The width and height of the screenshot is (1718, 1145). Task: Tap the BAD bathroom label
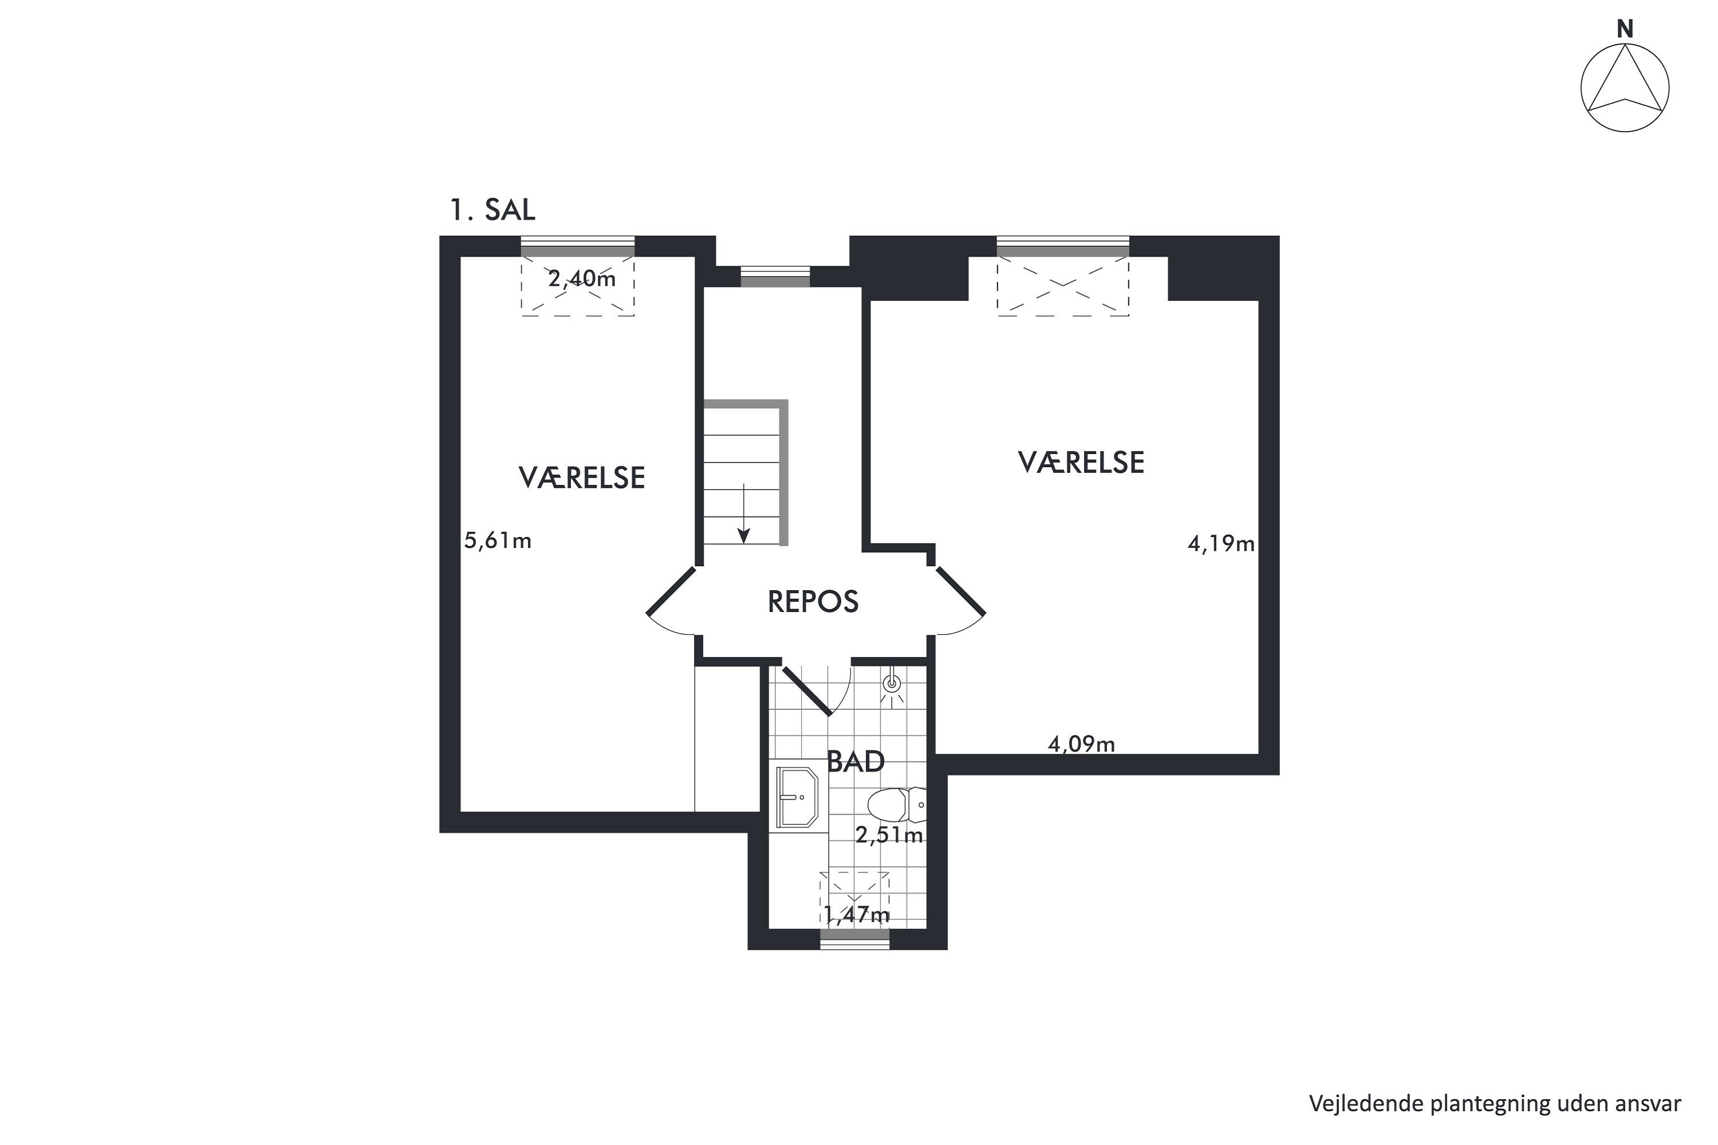point(856,761)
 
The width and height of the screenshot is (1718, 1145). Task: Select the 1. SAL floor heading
point(492,210)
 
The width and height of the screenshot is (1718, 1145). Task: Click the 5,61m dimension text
point(498,540)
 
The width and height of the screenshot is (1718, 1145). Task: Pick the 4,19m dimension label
point(1220,543)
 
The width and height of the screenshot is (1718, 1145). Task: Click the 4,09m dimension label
point(1081,744)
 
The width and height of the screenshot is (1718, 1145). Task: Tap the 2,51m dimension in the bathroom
point(889,835)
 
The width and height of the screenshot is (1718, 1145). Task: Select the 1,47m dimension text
point(857,914)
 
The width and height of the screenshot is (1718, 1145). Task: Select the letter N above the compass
point(1625,29)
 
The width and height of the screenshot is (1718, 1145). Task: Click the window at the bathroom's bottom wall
point(854,938)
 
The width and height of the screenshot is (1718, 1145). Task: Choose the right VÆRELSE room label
point(1081,462)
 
